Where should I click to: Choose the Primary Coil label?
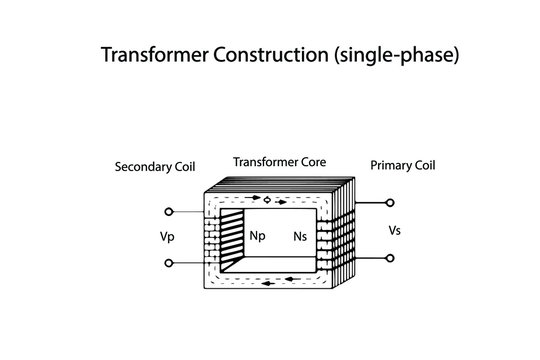(403, 164)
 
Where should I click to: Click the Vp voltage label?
(166, 238)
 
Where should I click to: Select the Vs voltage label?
(395, 231)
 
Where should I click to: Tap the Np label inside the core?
(257, 237)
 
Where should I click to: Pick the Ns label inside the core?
(300, 237)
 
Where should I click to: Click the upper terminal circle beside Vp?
(168, 212)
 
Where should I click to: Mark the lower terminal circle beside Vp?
(168, 263)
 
